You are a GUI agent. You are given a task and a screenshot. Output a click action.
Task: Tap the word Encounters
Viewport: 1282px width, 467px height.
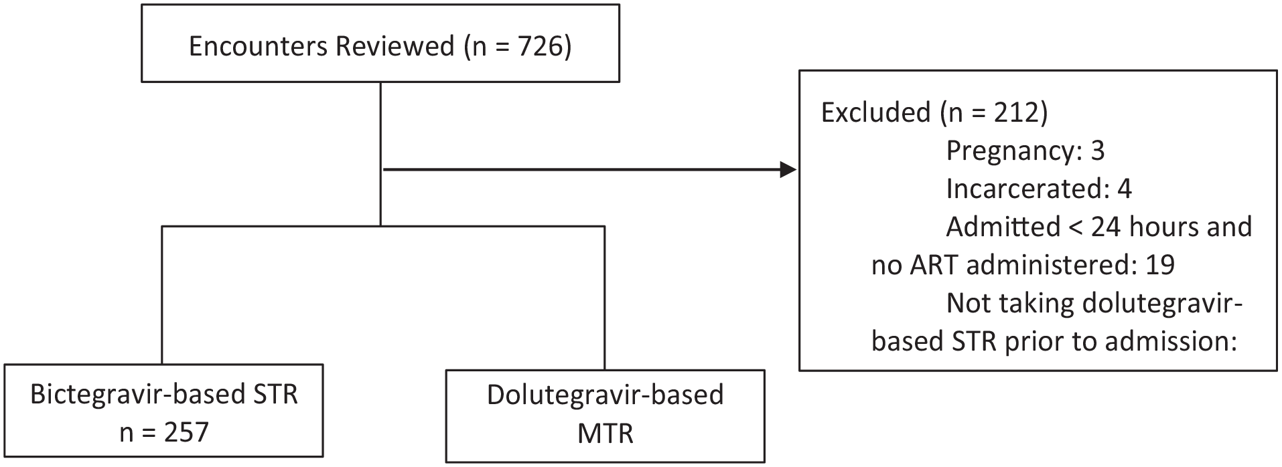tap(258, 47)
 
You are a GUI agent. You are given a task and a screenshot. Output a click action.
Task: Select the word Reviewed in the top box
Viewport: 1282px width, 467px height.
tap(395, 47)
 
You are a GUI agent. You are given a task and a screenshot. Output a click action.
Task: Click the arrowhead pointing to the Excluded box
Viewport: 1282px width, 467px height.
tap(788, 170)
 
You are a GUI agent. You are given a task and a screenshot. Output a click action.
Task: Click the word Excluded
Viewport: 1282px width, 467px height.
tap(876, 112)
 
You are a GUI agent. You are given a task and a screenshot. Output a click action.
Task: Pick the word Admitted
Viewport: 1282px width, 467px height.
tap(1003, 227)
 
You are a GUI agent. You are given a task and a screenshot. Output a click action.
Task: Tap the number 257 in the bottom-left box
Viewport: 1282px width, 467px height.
tap(186, 432)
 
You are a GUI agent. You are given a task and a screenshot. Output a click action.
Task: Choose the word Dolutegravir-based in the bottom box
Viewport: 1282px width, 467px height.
tap(605, 395)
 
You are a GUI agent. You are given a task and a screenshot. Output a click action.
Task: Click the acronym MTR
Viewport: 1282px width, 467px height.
tap(605, 434)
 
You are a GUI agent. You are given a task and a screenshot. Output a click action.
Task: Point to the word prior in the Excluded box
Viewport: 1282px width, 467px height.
tap(1034, 342)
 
